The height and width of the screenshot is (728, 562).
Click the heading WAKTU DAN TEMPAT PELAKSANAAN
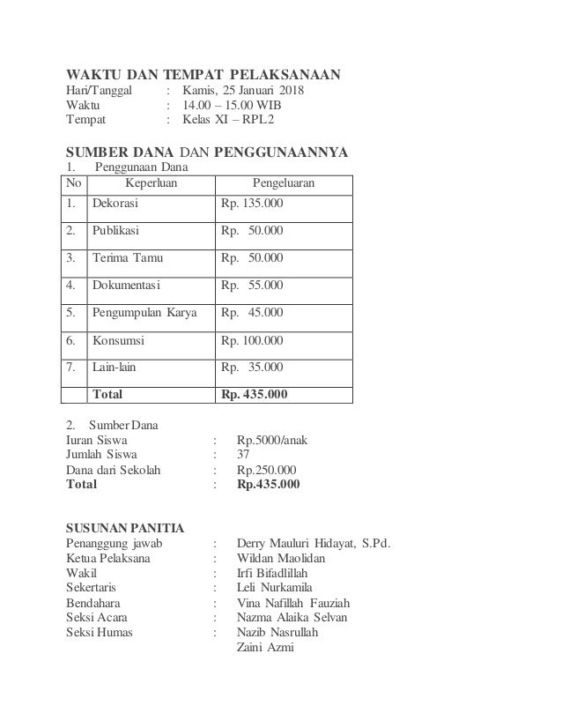(204, 73)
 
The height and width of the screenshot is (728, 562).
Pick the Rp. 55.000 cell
(252, 286)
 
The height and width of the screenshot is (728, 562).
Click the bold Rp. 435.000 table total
(254, 394)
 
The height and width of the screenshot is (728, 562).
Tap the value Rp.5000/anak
(272, 439)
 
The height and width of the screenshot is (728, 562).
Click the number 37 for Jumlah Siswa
(243, 454)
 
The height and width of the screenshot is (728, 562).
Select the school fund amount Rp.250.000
(267, 469)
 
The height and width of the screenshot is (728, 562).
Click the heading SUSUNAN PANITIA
(126, 529)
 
